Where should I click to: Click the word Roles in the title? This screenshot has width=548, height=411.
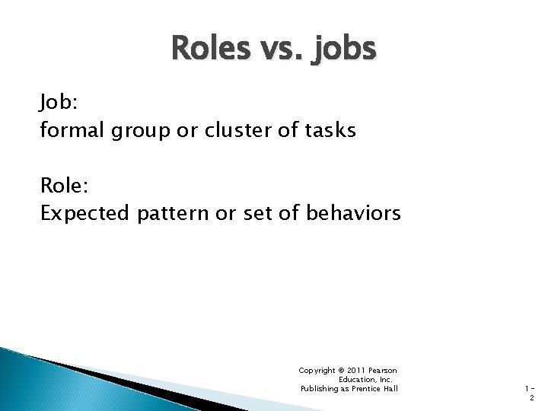coord(210,50)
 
